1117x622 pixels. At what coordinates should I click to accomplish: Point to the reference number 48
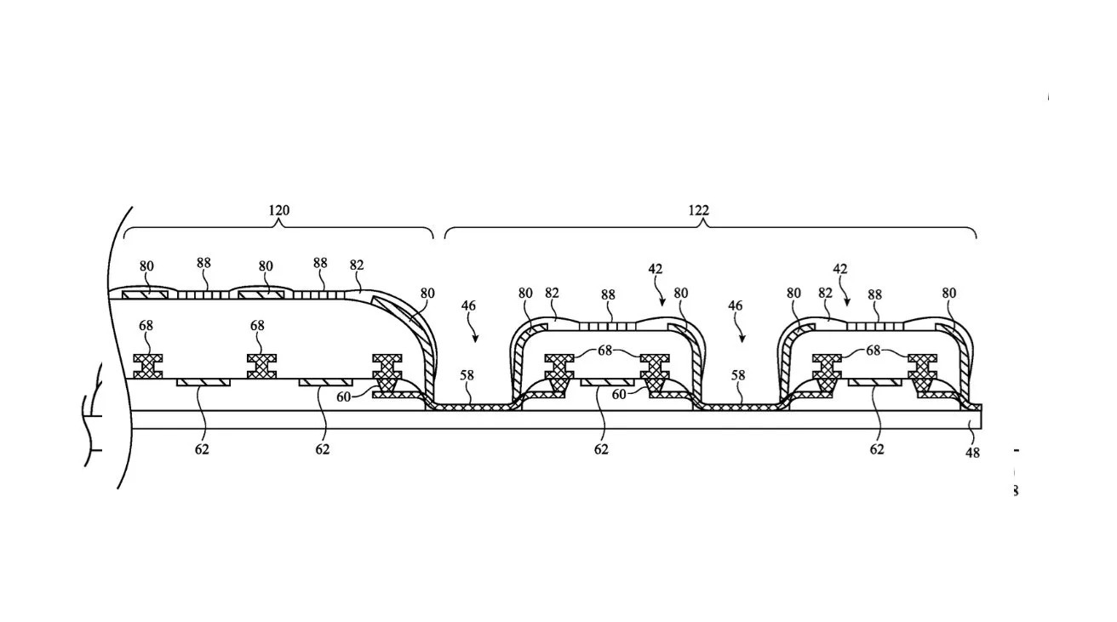tap(972, 453)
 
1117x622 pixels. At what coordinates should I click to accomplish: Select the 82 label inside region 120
tap(356, 265)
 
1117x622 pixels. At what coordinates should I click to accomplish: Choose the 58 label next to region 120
tap(467, 374)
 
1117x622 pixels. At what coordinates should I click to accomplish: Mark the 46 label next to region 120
tap(468, 305)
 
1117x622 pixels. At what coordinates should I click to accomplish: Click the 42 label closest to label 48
tap(840, 270)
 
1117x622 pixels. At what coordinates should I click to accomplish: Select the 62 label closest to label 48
tap(877, 448)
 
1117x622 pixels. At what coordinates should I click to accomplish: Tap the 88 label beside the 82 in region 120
tap(320, 264)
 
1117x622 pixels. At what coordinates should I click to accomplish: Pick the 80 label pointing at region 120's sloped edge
tap(427, 294)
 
